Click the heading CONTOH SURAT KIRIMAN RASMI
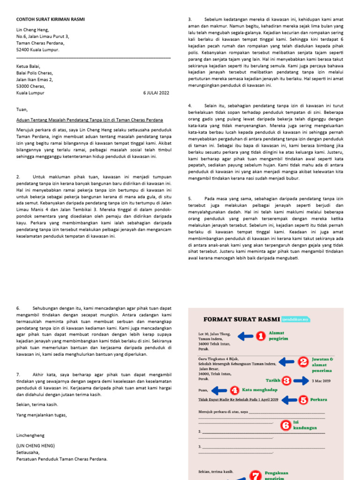point(51,19)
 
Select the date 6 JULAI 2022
point(156,93)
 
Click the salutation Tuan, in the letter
point(22,110)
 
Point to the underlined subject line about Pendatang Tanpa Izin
point(90,120)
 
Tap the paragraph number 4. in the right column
point(190,106)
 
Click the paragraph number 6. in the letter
point(19,308)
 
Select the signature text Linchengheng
point(31,435)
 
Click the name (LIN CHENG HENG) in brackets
point(36,445)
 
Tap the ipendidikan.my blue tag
point(296,319)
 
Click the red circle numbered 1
point(261,336)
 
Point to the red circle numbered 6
point(285,425)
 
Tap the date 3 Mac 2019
point(321,381)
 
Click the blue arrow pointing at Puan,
point(218,390)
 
